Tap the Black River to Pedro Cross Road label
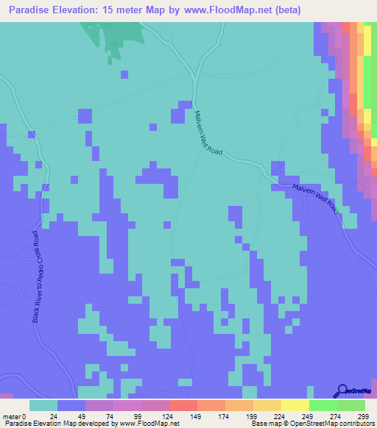[37, 276]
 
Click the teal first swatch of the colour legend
[43, 405]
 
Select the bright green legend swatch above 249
[323, 405]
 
